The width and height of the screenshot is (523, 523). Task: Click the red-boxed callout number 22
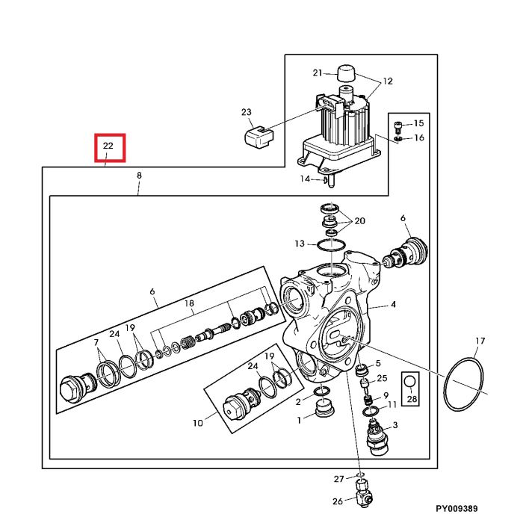pyautogui.click(x=108, y=146)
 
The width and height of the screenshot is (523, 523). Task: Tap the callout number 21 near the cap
pyautogui.click(x=317, y=72)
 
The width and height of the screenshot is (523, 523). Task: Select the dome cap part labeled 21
pyautogui.click(x=344, y=74)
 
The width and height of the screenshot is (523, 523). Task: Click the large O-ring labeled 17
pyautogui.click(x=465, y=386)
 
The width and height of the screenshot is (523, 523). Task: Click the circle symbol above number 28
pyautogui.click(x=409, y=382)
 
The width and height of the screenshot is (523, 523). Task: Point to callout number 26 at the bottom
pyautogui.click(x=338, y=501)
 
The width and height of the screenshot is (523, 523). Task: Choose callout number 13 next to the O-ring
pyautogui.click(x=299, y=244)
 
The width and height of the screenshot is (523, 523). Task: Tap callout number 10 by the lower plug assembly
pyautogui.click(x=197, y=423)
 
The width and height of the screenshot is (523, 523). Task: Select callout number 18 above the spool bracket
pyautogui.click(x=189, y=305)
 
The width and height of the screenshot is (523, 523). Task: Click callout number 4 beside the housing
pyautogui.click(x=393, y=304)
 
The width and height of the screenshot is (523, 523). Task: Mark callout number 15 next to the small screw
pyautogui.click(x=418, y=123)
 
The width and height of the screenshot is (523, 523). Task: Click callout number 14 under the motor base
pyautogui.click(x=305, y=179)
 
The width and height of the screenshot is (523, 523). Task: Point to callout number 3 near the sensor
pyautogui.click(x=394, y=425)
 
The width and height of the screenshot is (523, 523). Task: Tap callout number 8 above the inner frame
pyautogui.click(x=138, y=175)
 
